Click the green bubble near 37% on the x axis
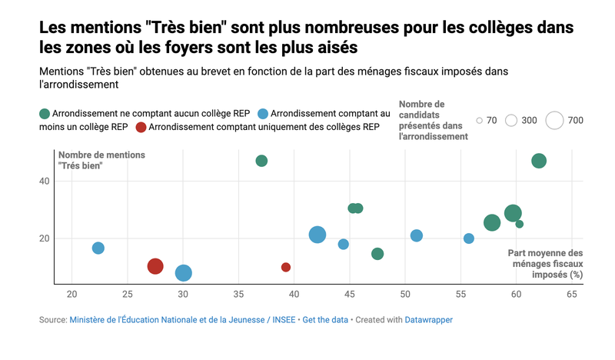261,161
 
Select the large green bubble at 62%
539,161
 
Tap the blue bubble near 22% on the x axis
98,248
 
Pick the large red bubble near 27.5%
155,266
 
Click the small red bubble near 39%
286,267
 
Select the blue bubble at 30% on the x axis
183,273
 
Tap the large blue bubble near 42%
317,235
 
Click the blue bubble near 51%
417,235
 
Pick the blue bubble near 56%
469,238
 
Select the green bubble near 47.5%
377,254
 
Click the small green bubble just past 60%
519,224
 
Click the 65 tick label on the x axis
572,295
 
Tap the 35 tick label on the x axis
238,295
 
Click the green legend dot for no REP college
45,114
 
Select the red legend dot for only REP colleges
141,127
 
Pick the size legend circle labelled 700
554,120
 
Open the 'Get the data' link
327,319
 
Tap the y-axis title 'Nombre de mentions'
101,155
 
